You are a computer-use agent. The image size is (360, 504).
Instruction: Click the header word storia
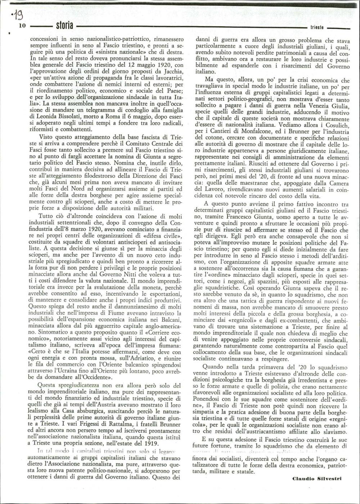pos(65,26)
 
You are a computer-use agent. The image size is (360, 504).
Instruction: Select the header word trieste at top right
pos(317,28)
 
